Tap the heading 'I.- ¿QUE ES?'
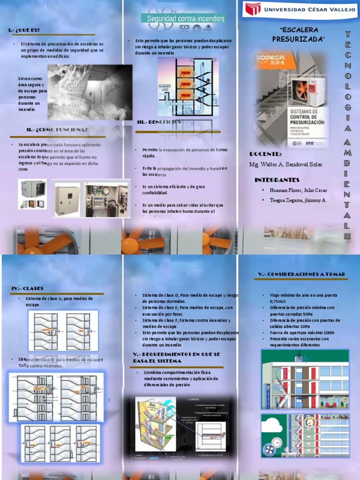click(27, 30)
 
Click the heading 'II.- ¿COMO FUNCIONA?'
click(57, 130)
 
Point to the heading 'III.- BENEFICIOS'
click(159, 122)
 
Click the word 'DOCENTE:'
click(265, 154)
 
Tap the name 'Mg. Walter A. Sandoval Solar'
click(285, 165)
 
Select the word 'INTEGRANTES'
click(277, 180)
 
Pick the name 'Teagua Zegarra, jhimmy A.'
click(298, 200)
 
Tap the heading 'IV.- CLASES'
click(27, 288)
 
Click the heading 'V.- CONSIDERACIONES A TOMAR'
click(301, 274)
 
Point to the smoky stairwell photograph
click(90, 92)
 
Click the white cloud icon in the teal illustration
click(271, 425)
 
